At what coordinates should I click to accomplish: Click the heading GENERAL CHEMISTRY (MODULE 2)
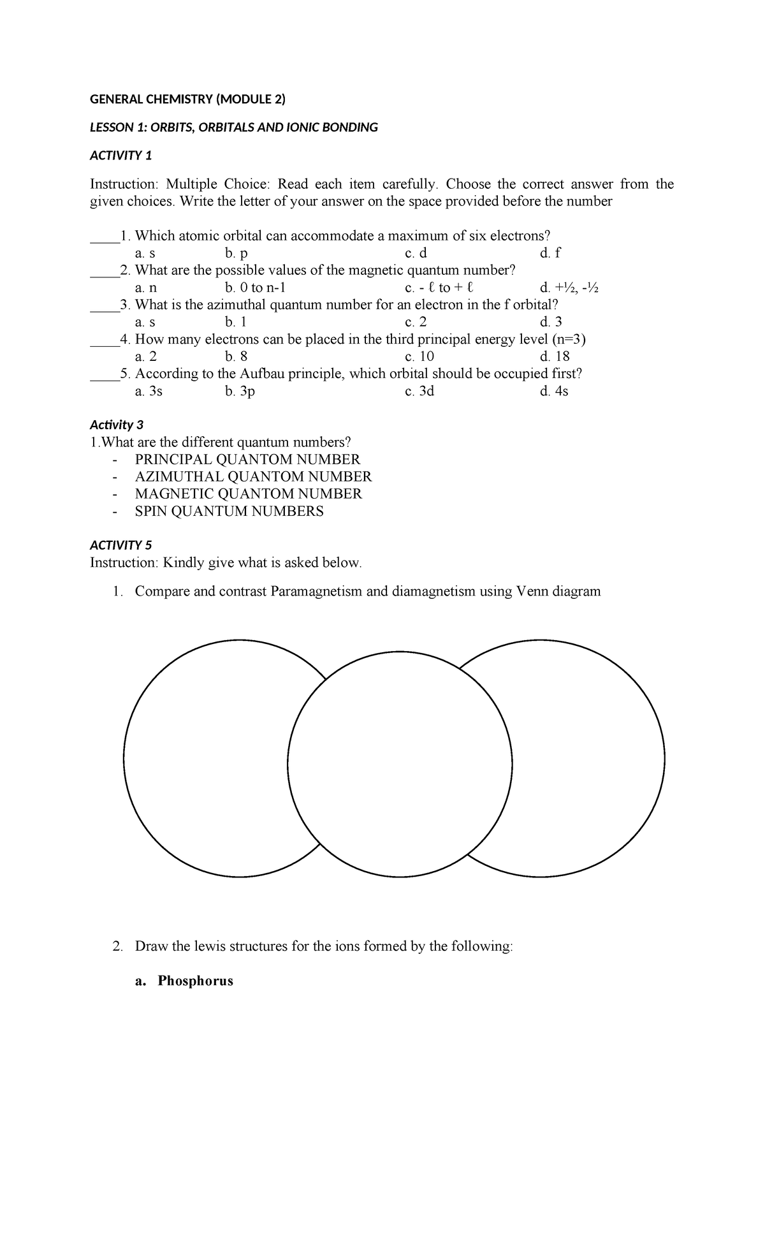pos(187,99)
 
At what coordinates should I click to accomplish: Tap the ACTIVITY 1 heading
pos(121,156)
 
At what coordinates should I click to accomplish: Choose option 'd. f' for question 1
pos(549,253)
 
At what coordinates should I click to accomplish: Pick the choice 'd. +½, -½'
pos(569,288)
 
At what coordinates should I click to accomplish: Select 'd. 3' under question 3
pos(550,322)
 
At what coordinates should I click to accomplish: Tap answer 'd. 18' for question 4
pos(554,356)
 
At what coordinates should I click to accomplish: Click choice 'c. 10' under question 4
pos(419,356)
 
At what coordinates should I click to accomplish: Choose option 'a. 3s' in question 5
pos(149,391)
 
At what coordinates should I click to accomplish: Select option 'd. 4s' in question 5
pos(553,391)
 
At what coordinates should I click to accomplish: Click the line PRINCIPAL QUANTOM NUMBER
pos(247,459)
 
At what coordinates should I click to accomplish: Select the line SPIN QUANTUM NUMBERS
pos(229,511)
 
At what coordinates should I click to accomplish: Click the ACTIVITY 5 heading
pos(121,545)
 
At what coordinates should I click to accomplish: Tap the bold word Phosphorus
pos(195,981)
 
